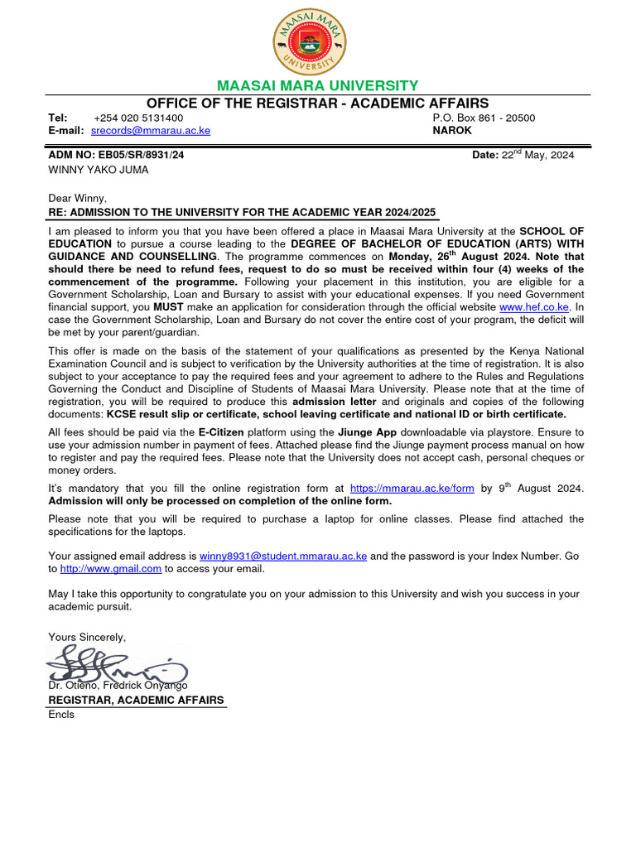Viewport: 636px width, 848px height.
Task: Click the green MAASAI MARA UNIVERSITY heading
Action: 317,86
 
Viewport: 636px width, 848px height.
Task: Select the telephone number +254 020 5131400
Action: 138,118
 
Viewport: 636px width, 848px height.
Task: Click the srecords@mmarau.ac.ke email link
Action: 150,131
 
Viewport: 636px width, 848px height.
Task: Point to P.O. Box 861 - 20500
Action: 484,118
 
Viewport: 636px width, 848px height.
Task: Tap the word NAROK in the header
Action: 452,131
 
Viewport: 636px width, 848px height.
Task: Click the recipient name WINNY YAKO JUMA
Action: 99,170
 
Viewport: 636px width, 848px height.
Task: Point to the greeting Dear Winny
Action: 78,198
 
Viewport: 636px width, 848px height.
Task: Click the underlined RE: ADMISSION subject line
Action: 242,212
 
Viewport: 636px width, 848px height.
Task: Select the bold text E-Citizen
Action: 218,432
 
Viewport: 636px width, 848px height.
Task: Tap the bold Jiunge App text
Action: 368,432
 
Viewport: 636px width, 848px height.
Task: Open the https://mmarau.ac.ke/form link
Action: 412,489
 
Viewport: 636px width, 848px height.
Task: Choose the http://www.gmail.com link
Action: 111,569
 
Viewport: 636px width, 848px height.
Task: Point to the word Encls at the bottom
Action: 61,714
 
